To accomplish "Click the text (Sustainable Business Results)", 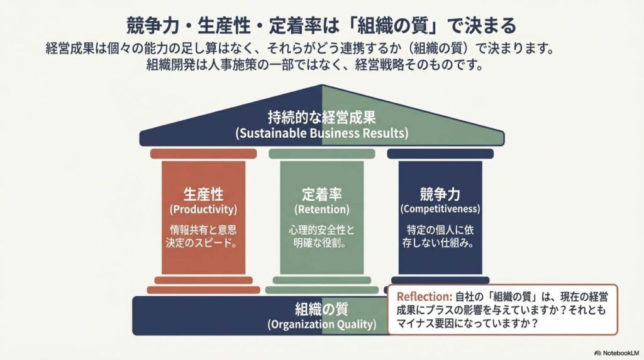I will (x=321, y=133).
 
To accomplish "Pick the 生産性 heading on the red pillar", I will (x=203, y=193).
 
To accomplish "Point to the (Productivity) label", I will (x=203, y=208).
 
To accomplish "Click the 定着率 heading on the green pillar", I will (x=321, y=193).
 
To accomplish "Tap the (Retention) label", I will (x=321, y=208).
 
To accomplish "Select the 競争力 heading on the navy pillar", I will (x=440, y=193).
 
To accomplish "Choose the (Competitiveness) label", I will (x=440, y=208).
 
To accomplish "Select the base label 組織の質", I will (x=321, y=309).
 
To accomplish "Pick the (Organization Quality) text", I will (x=321, y=325).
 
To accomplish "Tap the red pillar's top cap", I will (x=203, y=154).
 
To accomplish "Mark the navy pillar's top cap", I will (x=440, y=154).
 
